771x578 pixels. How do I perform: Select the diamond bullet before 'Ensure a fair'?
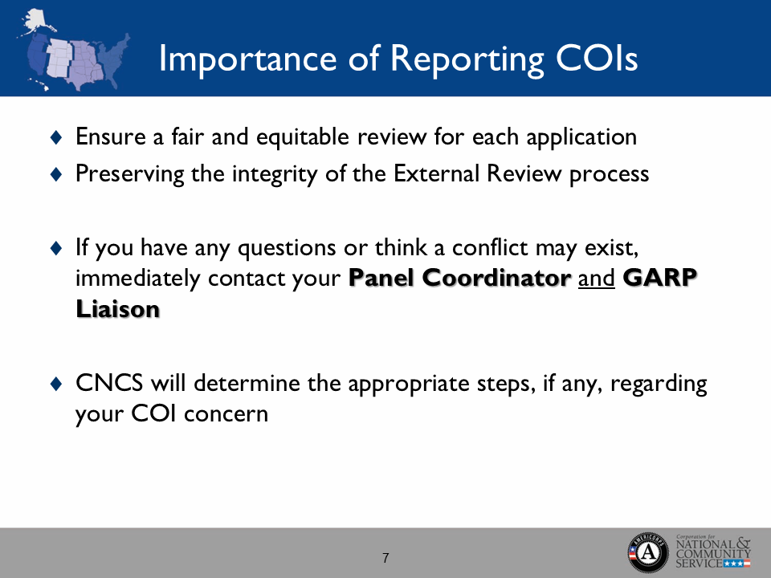click(x=55, y=137)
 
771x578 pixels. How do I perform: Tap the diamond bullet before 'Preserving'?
click(x=55, y=174)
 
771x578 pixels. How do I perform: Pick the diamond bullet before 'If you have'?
click(x=55, y=249)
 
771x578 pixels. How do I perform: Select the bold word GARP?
click(x=661, y=278)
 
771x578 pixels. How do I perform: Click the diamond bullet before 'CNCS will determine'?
click(x=55, y=385)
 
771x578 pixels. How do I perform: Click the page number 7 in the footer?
click(x=385, y=558)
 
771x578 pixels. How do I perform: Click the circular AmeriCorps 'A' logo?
click(x=648, y=552)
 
